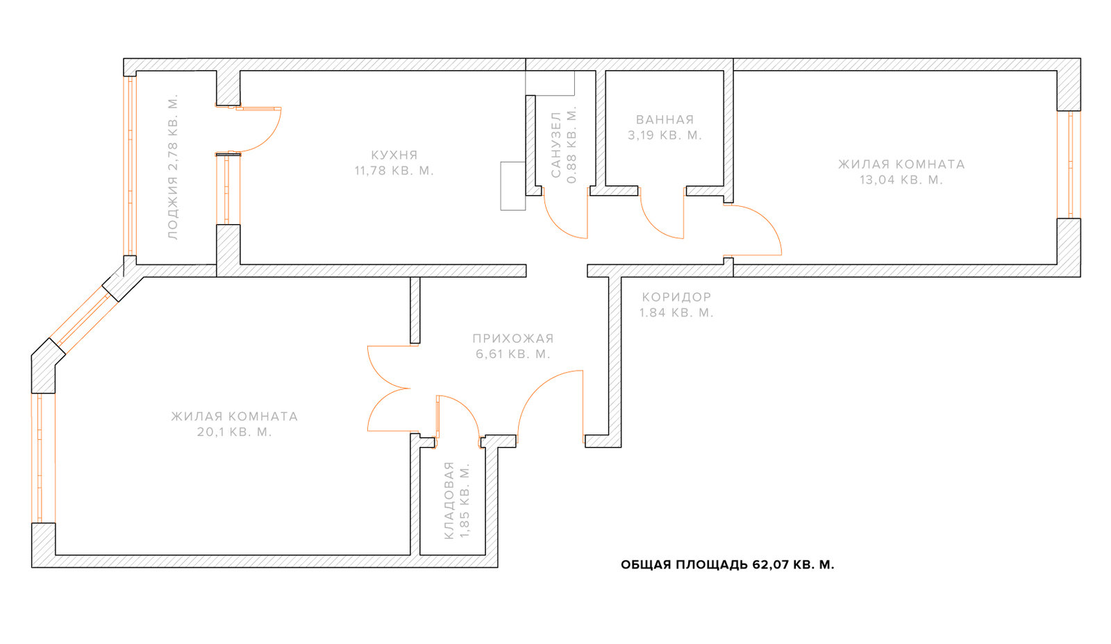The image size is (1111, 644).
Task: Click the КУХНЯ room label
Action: (394, 155)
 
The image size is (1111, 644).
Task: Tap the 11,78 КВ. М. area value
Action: (394, 171)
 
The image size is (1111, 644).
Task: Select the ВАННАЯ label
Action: (665, 119)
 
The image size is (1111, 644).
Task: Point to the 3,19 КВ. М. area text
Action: (665, 135)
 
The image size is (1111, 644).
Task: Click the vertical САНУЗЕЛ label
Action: (556, 144)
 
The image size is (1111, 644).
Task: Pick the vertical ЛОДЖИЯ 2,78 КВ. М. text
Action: (173, 167)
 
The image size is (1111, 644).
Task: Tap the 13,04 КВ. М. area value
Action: (901, 180)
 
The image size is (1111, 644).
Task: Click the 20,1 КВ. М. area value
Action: (235, 432)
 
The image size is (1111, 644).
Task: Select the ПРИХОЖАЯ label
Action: (513, 339)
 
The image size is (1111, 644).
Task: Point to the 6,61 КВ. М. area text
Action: (513, 354)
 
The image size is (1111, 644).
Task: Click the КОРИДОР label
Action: (676, 297)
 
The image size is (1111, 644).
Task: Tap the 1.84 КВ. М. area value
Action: (676, 313)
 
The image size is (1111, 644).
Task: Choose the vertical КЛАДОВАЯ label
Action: (449, 500)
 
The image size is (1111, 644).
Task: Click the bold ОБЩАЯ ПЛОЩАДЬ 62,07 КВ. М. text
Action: (728, 565)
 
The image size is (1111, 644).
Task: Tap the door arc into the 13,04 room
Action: (768, 220)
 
